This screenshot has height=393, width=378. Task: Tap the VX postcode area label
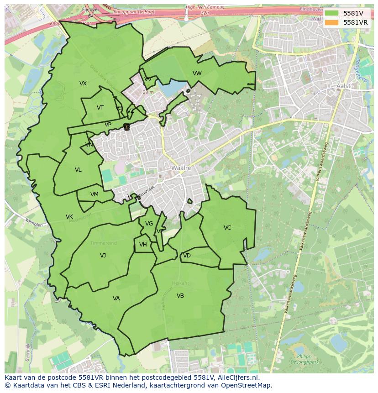[x=83, y=84]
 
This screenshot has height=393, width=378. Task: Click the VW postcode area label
[x=197, y=73]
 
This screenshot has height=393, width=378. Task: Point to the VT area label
[x=100, y=108]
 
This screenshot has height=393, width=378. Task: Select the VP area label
[x=108, y=125]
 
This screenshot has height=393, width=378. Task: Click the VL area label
[x=78, y=170]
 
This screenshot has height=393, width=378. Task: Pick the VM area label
[x=94, y=194]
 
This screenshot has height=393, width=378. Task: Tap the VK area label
[x=69, y=217]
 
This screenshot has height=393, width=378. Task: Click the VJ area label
[x=103, y=256]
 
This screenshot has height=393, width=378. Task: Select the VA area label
[x=116, y=299]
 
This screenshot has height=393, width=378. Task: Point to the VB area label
[x=180, y=296]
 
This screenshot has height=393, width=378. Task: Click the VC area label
[x=227, y=228]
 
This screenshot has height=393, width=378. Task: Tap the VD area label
[x=187, y=256]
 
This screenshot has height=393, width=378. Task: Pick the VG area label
[x=149, y=224]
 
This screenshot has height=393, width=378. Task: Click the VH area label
[x=143, y=245]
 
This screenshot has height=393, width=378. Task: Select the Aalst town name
[x=343, y=86]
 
